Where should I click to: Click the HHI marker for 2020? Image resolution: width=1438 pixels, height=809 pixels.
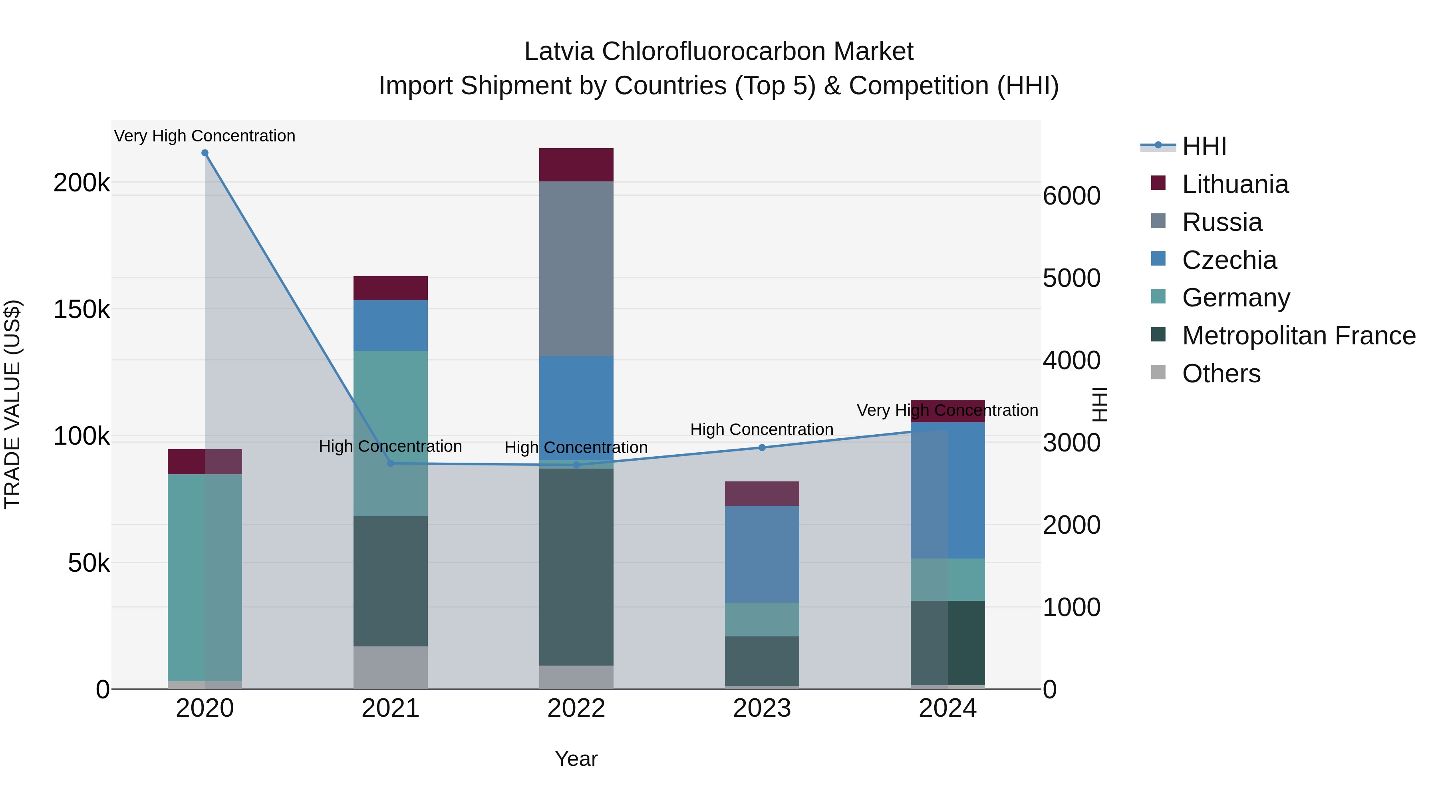coord(205,153)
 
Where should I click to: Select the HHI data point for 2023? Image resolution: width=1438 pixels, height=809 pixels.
coord(762,447)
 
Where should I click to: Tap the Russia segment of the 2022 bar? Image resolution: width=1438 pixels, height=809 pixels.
coord(576,268)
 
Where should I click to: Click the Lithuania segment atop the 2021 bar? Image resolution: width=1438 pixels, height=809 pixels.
coord(390,288)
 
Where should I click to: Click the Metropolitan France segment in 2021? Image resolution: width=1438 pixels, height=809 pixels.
coord(390,580)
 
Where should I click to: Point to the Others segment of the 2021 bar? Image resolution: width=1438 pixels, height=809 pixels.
coord(390,667)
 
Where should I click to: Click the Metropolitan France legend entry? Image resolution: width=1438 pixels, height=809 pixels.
coord(1299,336)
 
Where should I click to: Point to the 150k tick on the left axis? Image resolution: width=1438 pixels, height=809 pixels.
coord(81,309)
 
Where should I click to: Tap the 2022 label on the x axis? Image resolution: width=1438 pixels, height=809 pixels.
coord(576,708)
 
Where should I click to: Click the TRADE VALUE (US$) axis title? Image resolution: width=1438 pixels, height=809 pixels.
coord(12,404)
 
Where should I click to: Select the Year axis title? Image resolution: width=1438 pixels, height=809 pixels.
coord(576,759)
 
